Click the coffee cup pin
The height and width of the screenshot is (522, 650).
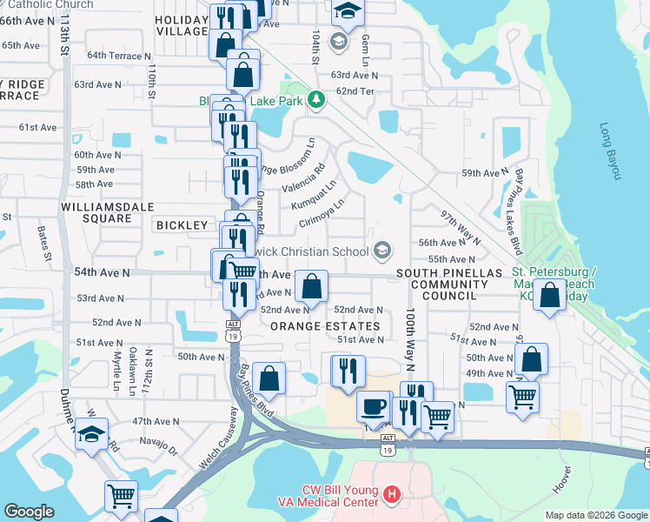click(x=374, y=406)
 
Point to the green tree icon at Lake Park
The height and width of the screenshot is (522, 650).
click(x=317, y=100)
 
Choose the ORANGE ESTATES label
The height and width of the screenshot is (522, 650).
click(x=325, y=326)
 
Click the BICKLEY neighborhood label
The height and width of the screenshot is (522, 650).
click(x=182, y=225)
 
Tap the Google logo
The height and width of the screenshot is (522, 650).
click(x=29, y=512)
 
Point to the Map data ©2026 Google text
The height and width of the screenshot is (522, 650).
click(x=596, y=515)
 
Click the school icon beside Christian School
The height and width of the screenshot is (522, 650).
click(x=380, y=251)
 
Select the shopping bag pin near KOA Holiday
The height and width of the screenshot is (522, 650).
click(x=549, y=294)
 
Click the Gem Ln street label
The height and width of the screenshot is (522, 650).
click(x=366, y=43)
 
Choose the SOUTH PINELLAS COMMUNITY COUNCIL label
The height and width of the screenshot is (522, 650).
click(x=449, y=284)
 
